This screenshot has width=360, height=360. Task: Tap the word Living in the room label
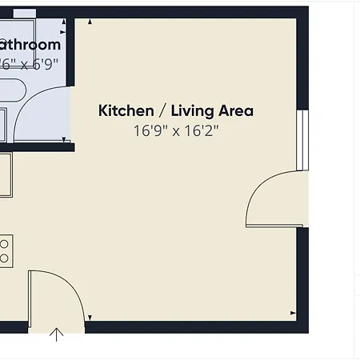pos(190,110)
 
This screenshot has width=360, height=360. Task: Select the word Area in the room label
pos(235,110)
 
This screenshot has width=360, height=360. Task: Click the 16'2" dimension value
pos(200,130)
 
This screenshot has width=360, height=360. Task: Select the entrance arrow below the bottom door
pos(57,334)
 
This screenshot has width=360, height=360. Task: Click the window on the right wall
pos(302,140)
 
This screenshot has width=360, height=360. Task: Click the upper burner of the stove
pos(4,243)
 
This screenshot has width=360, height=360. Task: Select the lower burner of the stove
pos(4,258)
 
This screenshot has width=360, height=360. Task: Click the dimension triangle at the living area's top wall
pos(90,25)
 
